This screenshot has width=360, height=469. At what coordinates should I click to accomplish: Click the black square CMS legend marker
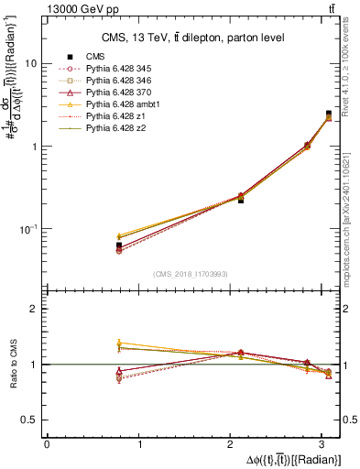coord(69,57)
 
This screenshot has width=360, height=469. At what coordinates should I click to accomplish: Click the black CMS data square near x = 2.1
coord(241,199)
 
